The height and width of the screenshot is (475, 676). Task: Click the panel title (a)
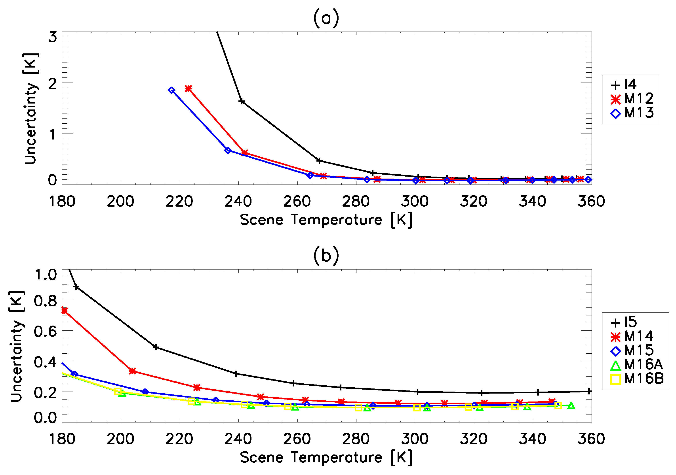click(326, 18)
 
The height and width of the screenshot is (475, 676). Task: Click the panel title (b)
click(326, 256)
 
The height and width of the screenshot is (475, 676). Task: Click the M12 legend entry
click(632, 99)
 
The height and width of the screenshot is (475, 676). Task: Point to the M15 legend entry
click(632, 351)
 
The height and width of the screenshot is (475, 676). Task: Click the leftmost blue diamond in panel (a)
click(172, 90)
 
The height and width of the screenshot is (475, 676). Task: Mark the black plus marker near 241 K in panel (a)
click(241, 102)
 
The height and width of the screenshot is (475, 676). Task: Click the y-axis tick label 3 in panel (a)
click(52, 37)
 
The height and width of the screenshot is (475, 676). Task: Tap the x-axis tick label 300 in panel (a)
click(415, 202)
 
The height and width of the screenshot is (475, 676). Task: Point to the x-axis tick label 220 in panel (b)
click(179, 439)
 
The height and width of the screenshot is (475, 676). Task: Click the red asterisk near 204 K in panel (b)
click(133, 371)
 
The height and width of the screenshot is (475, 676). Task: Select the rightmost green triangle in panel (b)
click(571, 406)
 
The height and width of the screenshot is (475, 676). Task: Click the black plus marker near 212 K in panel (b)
click(156, 347)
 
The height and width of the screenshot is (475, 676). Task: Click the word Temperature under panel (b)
click(337, 457)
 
